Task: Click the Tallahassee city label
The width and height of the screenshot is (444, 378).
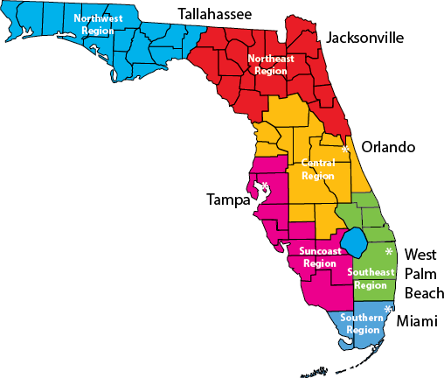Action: (214, 14)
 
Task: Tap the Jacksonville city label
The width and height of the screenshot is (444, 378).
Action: (364, 38)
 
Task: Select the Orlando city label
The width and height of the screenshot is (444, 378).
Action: (388, 147)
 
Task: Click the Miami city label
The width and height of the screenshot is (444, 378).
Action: (416, 322)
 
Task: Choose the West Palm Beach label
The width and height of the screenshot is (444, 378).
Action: (420, 271)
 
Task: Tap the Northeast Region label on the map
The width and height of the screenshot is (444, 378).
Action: (271, 65)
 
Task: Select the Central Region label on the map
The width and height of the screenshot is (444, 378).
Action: (317, 170)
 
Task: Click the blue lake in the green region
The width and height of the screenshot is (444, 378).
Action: (354, 238)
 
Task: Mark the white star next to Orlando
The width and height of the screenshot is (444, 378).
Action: (345, 150)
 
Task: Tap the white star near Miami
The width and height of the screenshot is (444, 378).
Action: (387, 309)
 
